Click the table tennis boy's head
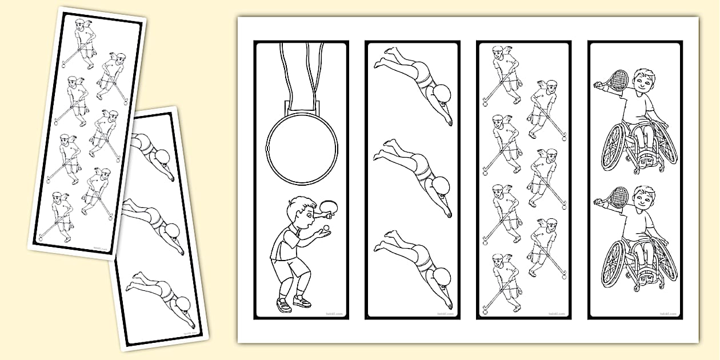[300, 210]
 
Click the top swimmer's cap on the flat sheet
[442, 93]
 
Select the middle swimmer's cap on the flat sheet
[442, 184]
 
